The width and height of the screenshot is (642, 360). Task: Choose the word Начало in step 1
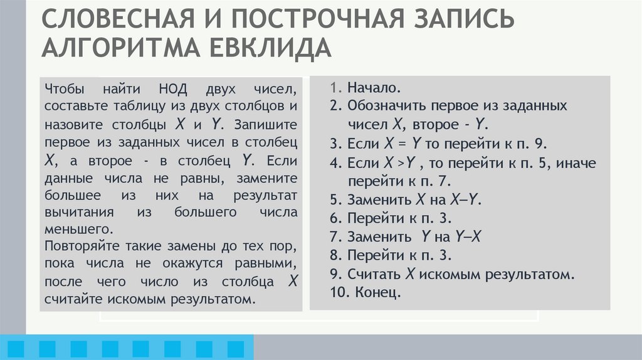click(x=373, y=88)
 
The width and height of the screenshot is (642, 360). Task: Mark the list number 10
click(x=339, y=292)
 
